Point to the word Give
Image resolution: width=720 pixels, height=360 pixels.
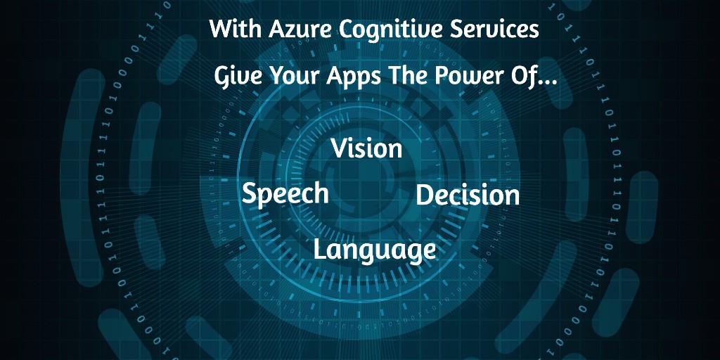[239, 76]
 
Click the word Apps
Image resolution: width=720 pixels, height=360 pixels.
[354, 78]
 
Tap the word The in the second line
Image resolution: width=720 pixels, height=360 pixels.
[408, 76]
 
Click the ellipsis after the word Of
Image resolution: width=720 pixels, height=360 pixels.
[547, 84]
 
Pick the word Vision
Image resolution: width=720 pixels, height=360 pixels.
[367, 148]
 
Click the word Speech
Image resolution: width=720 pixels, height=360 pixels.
[285, 193]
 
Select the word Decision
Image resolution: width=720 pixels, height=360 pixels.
[468, 195]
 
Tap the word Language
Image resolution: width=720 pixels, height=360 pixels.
[374, 250]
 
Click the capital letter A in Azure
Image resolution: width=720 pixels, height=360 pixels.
[277, 30]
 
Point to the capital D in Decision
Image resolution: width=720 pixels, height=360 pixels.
[425, 195]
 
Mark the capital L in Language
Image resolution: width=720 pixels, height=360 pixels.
[320, 248]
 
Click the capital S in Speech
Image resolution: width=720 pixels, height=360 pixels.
[250, 193]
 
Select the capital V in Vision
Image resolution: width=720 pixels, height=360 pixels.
[341, 148]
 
